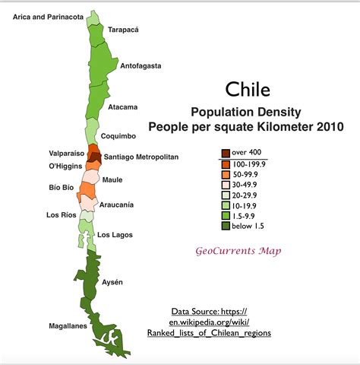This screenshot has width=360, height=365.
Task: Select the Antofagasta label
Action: pos(141,66)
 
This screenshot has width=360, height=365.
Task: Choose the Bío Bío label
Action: pos(61,186)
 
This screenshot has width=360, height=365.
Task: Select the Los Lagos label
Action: pos(115,234)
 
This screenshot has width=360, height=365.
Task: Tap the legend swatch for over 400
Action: pos(226,152)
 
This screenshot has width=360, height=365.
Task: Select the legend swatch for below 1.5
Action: pos(226,225)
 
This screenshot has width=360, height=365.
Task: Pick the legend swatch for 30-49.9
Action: pos(226,183)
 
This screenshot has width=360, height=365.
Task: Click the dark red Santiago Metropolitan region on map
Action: pos(94,157)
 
